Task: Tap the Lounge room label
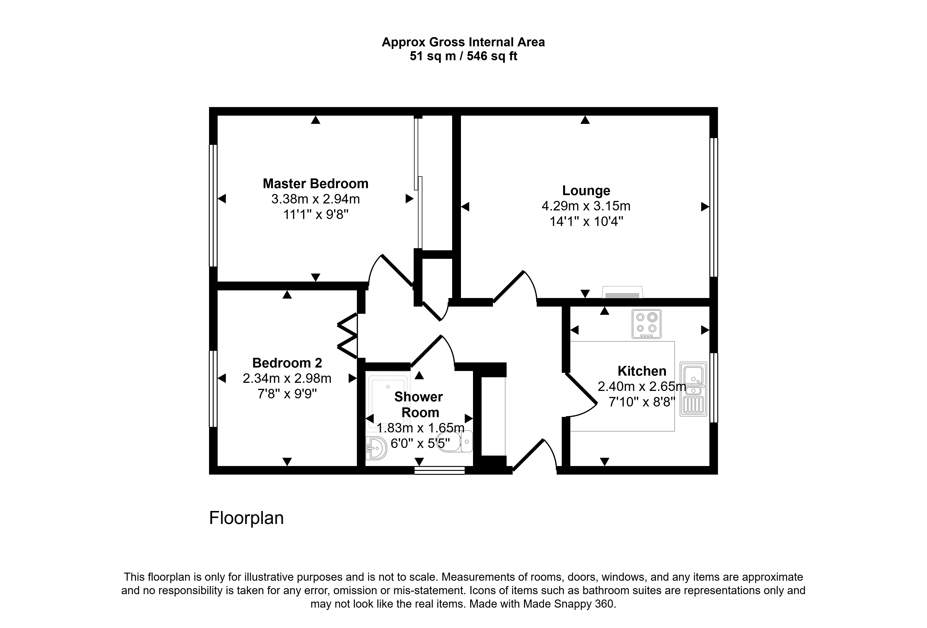pos(586,190)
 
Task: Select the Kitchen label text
pos(642,371)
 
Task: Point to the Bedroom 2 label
pos(287,363)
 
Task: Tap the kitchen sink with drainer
pos(693,389)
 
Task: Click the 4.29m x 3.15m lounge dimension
pos(586,206)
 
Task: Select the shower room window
pos(440,470)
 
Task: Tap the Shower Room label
pos(419,404)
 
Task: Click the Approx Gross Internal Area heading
pos(463,42)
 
